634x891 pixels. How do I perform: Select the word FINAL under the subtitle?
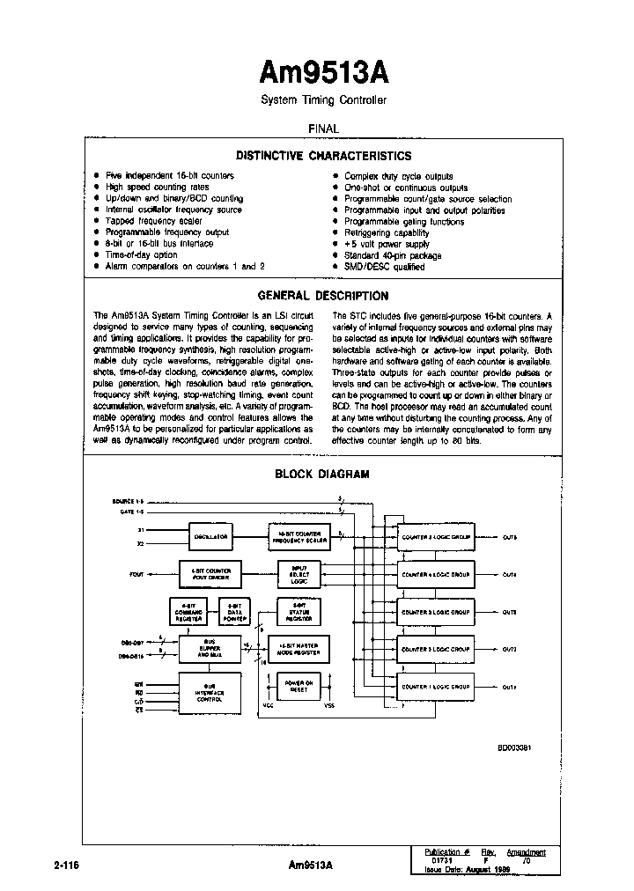tap(323, 129)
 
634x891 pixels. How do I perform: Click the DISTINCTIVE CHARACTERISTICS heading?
tap(323, 156)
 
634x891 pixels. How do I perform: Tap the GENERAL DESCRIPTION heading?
tap(322, 296)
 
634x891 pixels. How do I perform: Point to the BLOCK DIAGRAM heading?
tap(322, 474)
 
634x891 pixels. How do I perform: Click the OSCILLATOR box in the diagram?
tap(210, 536)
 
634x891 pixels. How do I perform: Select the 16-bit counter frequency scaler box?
tap(299, 536)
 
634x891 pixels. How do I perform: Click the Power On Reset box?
tap(299, 686)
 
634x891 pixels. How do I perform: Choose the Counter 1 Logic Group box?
tap(436, 687)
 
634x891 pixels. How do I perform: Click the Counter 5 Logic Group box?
tap(436, 536)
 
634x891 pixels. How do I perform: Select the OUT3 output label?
tap(510, 612)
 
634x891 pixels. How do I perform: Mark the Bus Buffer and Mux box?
tap(210, 649)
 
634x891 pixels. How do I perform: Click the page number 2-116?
tap(66, 865)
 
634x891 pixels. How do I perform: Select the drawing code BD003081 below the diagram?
tap(515, 747)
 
